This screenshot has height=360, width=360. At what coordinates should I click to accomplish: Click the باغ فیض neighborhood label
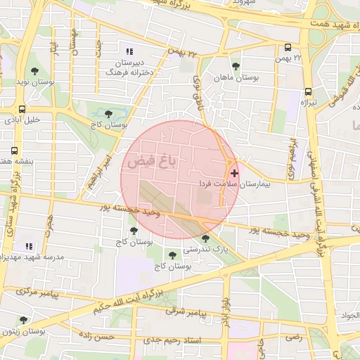(152, 162)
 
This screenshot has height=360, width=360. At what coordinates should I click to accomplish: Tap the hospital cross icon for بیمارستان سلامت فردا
(234, 172)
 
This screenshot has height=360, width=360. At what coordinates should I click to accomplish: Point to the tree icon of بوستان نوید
(34, 71)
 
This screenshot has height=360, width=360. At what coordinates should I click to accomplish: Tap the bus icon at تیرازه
(308, 91)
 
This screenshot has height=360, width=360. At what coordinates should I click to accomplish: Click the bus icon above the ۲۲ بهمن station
(288, 48)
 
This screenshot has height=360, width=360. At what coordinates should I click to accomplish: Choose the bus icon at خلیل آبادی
(23, 109)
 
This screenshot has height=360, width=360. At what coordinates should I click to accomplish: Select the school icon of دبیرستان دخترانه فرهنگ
(129, 51)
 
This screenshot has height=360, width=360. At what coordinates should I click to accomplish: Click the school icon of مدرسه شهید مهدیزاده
(29, 246)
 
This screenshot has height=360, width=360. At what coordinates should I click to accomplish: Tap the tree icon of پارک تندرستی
(205, 239)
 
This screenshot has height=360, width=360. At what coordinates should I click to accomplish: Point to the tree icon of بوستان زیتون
(23, 320)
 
